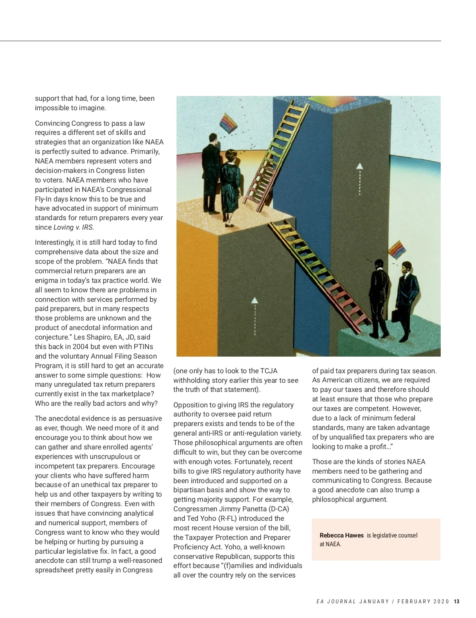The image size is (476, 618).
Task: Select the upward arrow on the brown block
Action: pyautogui.click(x=255, y=315)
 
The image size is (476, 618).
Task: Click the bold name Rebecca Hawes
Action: pyautogui.click(x=342, y=535)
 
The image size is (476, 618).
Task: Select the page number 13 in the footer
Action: pyautogui.click(x=457, y=601)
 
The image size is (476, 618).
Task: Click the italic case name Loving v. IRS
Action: pyautogui.click(x=73, y=227)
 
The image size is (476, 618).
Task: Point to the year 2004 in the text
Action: pyautogui.click(x=81, y=347)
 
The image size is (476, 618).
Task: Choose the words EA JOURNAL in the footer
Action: pyautogui.click(x=336, y=601)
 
